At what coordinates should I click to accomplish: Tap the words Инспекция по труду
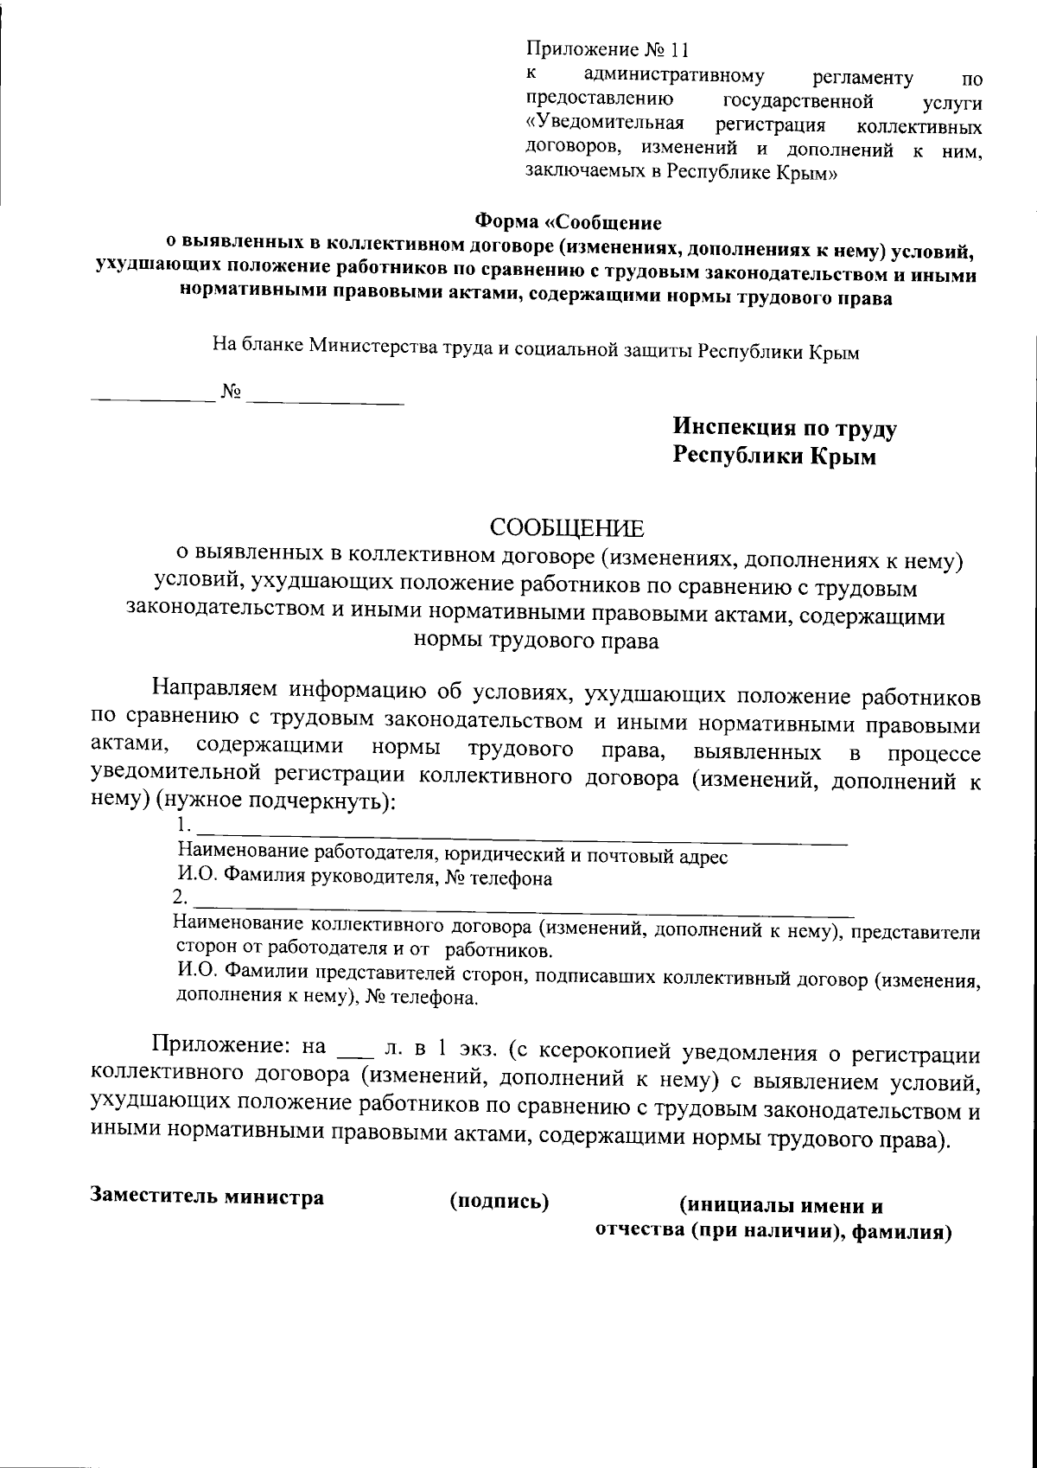pyautogui.click(x=785, y=429)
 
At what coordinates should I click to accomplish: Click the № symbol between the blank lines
pyautogui.click(x=231, y=393)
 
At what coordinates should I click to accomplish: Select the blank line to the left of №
pyautogui.click(x=154, y=399)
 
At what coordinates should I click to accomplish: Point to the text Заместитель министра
pyautogui.click(x=207, y=1197)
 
